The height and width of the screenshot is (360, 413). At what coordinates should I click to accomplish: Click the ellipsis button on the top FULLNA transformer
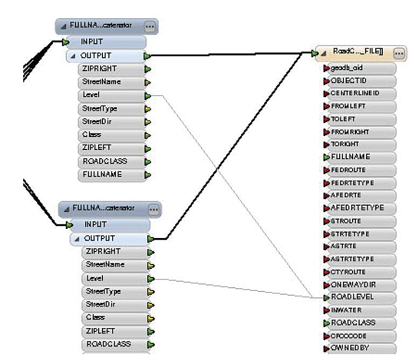(150, 26)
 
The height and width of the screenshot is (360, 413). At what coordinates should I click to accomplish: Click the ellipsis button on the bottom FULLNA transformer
(154, 209)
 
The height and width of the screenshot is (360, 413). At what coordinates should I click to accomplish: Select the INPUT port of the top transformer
(92, 42)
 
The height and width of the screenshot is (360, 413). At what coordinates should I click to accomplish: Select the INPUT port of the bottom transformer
(95, 225)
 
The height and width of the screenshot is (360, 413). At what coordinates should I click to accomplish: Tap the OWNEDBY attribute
(348, 348)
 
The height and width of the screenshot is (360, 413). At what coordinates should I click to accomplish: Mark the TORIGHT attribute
(345, 144)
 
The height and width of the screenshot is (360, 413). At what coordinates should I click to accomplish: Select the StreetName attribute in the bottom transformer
(105, 265)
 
